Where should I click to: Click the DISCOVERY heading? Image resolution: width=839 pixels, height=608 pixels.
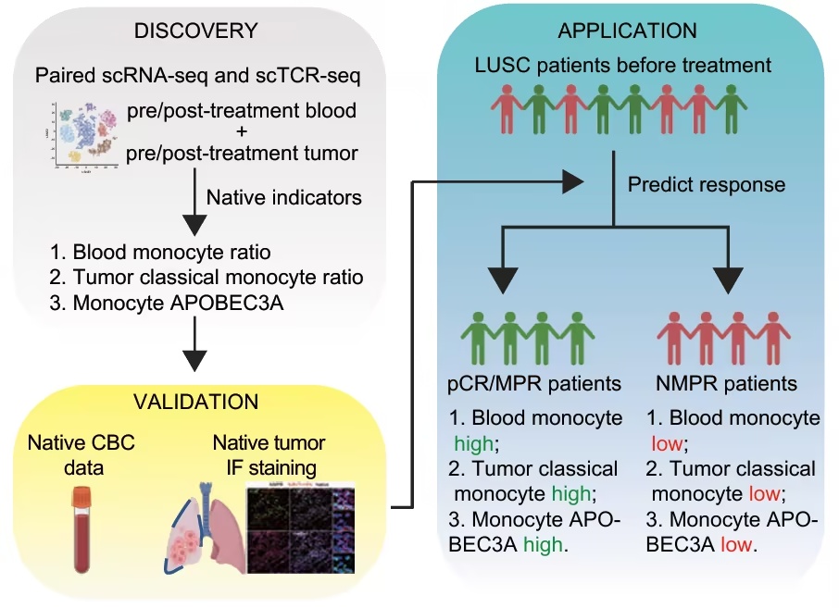(x=195, y=31)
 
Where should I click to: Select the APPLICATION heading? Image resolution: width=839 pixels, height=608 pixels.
(x=627, y=31)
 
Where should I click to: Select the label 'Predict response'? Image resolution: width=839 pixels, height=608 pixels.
(x=707, y=184)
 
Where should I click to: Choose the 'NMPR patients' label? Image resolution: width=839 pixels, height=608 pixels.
(x=731, y=383)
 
